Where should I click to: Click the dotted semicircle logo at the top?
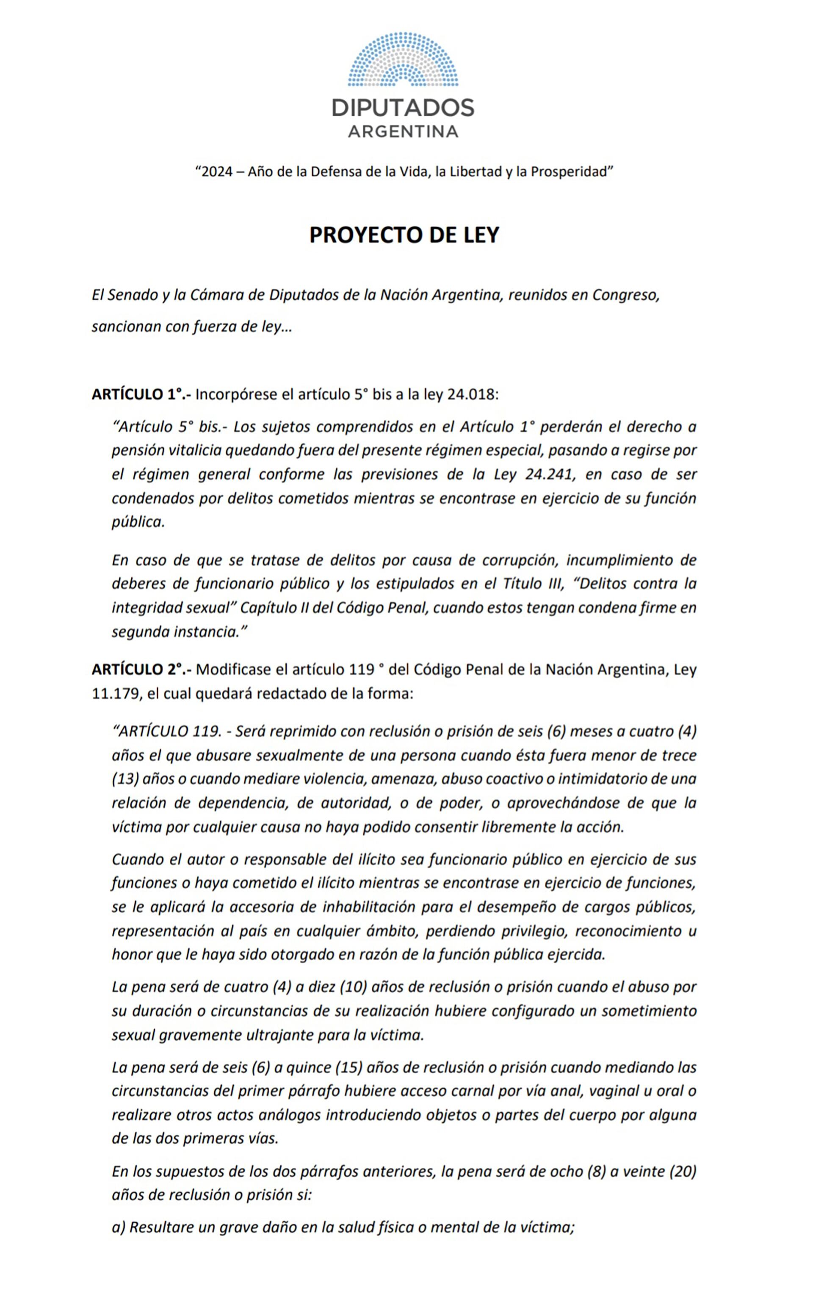tap(403, 60)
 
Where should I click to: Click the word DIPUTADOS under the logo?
tap(403, 108)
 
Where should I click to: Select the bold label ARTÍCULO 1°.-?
tap(141, 395)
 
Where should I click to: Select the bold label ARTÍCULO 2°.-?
tap(141, 669)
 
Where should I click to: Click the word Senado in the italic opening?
tap(133, 295)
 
